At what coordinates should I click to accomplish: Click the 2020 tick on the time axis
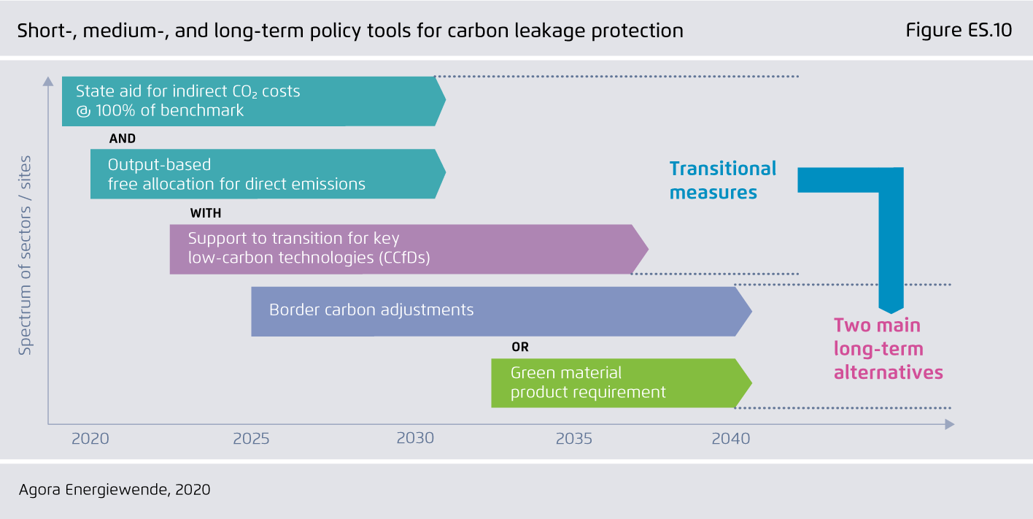point(90,438)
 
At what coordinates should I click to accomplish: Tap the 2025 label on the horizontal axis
point(252,438)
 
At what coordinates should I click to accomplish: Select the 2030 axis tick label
point(416,438)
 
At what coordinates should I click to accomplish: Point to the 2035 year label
point(574,438)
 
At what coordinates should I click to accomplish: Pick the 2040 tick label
point(731,438)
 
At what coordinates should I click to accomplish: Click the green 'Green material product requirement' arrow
point(622,383)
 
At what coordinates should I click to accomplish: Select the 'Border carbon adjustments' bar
point(502,312)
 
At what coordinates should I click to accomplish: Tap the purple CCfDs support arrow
point(409,249)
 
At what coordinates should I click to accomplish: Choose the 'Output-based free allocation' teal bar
point(268,174)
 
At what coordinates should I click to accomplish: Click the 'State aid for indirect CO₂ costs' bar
point(254,101)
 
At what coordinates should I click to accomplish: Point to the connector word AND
point(123,139)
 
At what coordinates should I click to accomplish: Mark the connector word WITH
point(206,213)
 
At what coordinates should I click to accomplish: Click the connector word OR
point(520,347)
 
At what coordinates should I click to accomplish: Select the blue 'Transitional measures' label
point(723,180)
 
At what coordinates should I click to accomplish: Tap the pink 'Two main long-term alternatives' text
point(889,349)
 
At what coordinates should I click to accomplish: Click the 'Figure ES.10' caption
point(959,31)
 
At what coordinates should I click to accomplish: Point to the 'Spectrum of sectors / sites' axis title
point(25,255)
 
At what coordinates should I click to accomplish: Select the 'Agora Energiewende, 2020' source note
point(115,490)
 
